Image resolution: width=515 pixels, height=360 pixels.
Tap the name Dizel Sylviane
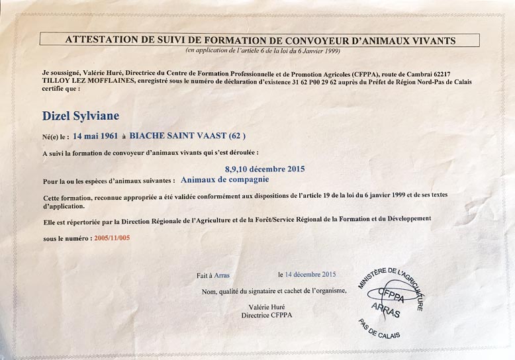80,116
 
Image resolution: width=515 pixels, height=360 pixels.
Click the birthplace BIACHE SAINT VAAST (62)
187,136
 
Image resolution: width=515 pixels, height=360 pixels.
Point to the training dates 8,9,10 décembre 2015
265,169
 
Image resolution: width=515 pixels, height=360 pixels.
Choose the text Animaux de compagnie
225,179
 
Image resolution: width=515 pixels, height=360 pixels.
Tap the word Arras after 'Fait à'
222,275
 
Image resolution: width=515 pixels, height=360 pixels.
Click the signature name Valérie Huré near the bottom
266,307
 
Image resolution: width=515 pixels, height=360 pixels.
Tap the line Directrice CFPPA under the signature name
266,315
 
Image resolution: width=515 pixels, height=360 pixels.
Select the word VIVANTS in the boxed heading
434,40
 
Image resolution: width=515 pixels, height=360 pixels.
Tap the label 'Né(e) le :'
55,137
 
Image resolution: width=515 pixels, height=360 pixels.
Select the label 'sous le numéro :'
68,237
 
